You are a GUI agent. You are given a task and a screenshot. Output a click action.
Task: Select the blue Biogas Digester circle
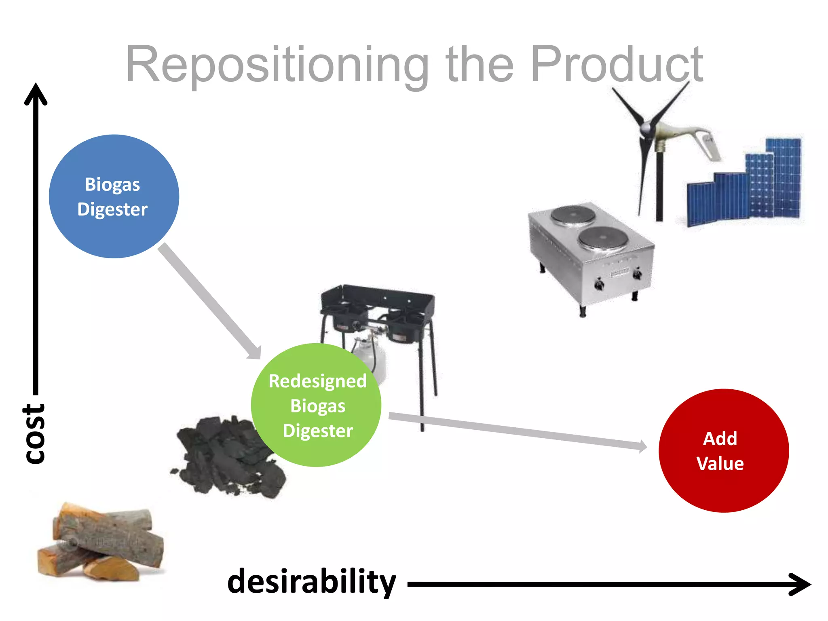click(114, 196)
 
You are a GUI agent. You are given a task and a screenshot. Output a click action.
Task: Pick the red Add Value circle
click(723, 450)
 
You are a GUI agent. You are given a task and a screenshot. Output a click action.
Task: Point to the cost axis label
click(34, 433)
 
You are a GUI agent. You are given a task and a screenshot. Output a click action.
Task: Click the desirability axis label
click(311, 582)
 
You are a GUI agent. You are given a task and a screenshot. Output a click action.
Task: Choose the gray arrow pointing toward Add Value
click(517, 431)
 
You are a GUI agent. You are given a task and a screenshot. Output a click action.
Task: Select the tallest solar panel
click(784, 178)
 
